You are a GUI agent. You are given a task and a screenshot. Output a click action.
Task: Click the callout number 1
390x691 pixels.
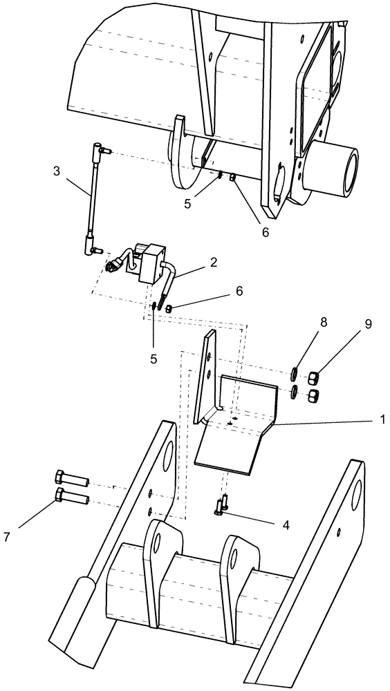coord(381,419)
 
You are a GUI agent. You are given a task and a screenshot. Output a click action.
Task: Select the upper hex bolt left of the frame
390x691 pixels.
coord(70,477)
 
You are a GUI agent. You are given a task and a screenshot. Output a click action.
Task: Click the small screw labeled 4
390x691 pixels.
coord(223,509)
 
